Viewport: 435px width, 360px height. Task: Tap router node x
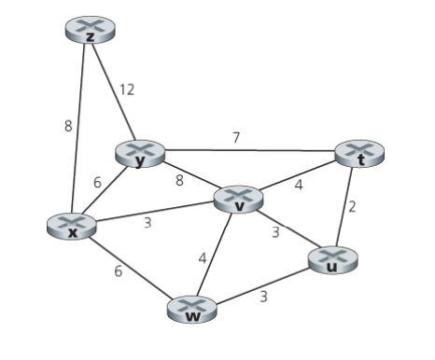click(x=72, y=227)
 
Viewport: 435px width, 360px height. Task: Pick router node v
click(x=239, y=200)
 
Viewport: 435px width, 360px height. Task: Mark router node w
click(x=193, y=312)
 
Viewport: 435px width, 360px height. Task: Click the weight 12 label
click(x=126, y=90)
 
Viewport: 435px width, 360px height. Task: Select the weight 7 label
click(x=235, y=137)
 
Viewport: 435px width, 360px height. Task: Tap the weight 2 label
click(x=352, y=207)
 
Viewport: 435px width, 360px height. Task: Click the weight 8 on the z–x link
click(x=68, y=126)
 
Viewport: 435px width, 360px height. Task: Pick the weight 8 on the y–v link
click(x=179, y=180)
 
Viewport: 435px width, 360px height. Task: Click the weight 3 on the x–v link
click(x=147, y=223)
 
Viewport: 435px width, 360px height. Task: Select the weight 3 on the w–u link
click(x=264, y=297)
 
